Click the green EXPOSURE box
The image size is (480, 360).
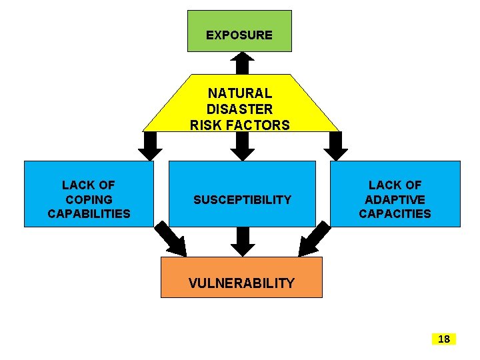click(x=239, y=31)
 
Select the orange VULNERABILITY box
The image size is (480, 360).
click(x=241, y=277)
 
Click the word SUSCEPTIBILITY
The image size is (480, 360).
click(x=242, y=199)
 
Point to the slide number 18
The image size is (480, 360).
click(x=443, y=339)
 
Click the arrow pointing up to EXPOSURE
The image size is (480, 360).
click(x=243, y=63)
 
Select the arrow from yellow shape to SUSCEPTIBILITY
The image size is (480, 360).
click(x=243, y=145)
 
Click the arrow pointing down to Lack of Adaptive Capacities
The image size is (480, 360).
click(x=335, y=145)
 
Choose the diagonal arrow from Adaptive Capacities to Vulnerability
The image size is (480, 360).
click(x=315, y=241)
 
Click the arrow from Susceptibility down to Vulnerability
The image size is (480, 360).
click(x=243, y=241)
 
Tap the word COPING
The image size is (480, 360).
click(x=89, y=199)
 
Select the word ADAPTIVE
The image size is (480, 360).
click(x=395, y=199)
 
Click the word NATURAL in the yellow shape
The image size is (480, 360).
click(x=240, y=93)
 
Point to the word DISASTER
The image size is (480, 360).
click(x=240, y=109)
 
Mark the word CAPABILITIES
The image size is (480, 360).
click(x=89, y=214)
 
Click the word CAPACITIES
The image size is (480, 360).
click(x=395, y=214)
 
